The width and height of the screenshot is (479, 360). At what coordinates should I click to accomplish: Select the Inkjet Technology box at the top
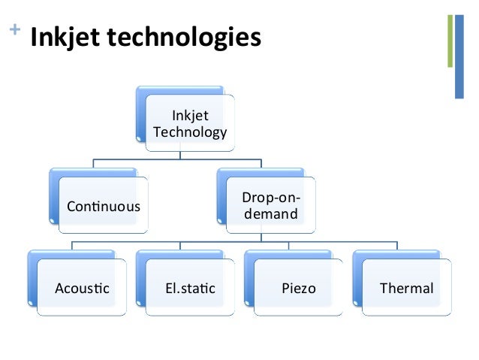189,124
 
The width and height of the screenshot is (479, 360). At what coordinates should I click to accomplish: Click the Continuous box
104,206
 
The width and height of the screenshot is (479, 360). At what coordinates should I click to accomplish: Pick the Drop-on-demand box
270,206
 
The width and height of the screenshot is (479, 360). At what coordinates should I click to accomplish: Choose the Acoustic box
82,288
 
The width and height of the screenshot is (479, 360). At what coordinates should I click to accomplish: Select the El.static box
189,288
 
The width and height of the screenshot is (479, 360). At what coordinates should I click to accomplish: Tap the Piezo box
298,288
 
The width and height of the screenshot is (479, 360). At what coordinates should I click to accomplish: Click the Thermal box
406,288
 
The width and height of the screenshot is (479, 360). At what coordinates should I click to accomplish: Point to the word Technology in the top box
189,132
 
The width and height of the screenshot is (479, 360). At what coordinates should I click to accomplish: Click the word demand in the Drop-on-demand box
270,214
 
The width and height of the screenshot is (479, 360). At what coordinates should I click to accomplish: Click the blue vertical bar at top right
459,56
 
